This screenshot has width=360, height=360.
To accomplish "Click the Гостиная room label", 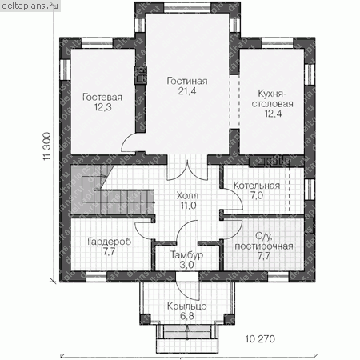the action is tap(187, 81).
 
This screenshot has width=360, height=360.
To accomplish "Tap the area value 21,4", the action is tap(187, 91).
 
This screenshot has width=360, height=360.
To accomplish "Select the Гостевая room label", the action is tap(102, 97).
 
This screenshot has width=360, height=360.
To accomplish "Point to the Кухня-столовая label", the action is tap(273, 98).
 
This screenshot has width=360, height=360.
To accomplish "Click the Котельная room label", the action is tap(257, 186).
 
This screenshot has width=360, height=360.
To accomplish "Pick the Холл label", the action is tap(187, 196).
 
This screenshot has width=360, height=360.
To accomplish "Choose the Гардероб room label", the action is tap(110, 242).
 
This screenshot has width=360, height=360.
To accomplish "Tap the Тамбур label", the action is tap(186, 255).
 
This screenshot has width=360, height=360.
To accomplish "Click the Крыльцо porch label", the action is tap(187, 306).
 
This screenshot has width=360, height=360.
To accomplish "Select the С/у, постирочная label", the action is tap(264, 242).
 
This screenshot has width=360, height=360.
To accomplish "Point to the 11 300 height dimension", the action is tap(47, 146).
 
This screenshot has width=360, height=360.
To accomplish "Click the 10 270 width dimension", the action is tap(260, 339).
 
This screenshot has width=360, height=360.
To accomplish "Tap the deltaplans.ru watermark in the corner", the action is tap(30, 6).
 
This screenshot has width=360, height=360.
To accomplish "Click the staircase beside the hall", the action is tap(112, 190).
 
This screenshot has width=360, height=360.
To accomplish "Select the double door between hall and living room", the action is tap(187, 170).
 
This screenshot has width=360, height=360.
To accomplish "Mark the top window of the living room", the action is tap(187, 8).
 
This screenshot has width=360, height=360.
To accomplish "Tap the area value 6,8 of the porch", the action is tap(187, 316).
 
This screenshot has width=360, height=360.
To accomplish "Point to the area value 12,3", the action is tap(102, 107).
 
